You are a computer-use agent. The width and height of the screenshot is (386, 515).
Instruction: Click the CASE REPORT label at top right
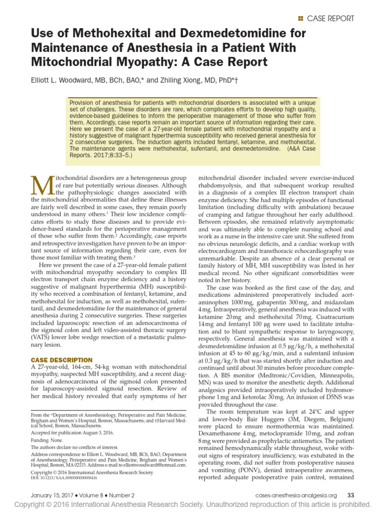coord(330,19)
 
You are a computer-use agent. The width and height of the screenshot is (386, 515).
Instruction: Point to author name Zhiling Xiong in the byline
coord(182,79)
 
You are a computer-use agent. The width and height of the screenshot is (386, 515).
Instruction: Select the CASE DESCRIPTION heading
coord(62,360)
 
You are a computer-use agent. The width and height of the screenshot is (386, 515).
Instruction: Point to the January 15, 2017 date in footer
coord(52,495)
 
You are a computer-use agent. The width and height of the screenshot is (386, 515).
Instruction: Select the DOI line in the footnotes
coord(66,478)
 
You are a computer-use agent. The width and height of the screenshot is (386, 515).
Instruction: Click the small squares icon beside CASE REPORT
coord(301,19)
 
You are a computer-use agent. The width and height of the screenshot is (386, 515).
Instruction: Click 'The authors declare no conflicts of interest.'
coord(82,447)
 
